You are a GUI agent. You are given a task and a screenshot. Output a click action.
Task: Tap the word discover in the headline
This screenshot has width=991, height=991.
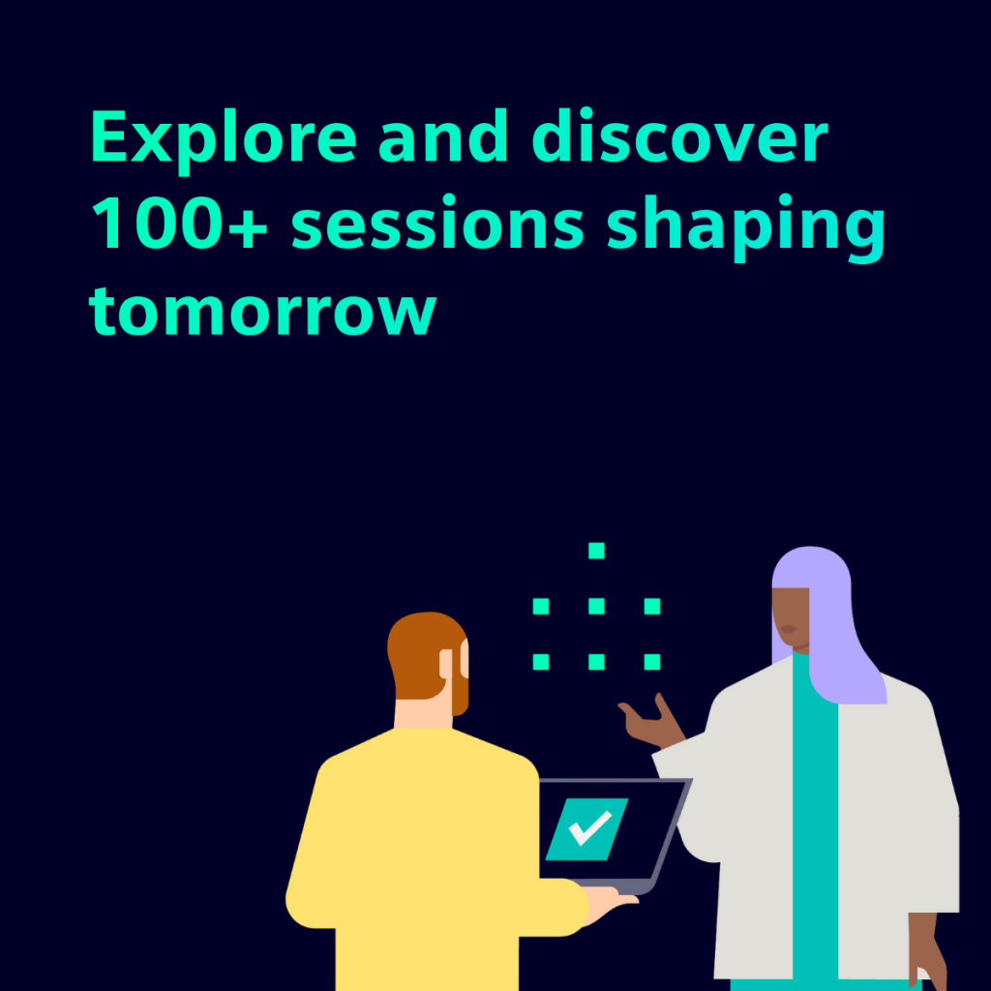click(680, 135)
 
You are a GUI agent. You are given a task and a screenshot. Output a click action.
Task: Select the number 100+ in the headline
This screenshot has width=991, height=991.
click(179, 223)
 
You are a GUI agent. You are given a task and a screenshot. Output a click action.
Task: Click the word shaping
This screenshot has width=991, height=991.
click(746, 226)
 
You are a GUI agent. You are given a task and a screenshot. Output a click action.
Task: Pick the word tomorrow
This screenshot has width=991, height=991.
click(262, 309)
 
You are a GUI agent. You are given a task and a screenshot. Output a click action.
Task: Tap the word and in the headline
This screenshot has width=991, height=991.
click(443, 135)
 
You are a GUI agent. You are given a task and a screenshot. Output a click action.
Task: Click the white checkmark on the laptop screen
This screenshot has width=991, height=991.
click(590, 827)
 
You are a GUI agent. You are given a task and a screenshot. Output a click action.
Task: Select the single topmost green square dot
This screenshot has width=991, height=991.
click(596, 551)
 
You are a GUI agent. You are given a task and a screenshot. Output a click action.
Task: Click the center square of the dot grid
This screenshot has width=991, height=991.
click(596, 606)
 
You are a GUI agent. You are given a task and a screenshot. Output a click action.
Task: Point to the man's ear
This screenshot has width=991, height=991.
click(465, 658)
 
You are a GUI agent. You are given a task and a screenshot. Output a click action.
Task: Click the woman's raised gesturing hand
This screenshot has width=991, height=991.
click(651, 721)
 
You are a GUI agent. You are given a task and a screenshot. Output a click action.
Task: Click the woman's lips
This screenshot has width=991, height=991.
click(788, 629)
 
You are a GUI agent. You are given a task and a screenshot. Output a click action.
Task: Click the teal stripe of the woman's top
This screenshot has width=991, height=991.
click(815, 822)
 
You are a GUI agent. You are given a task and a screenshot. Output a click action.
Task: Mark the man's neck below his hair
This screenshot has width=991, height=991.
click(422, 714)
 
